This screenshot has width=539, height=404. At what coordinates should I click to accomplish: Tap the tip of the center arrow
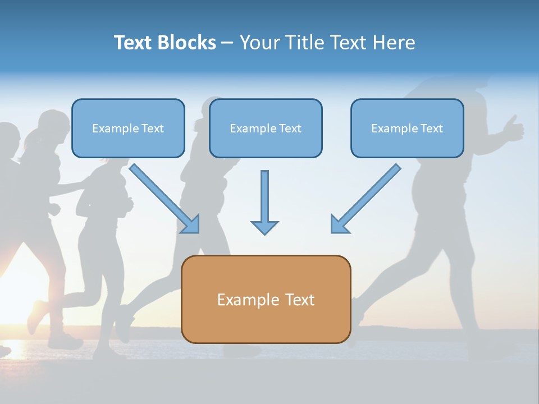tap(264, 232)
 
